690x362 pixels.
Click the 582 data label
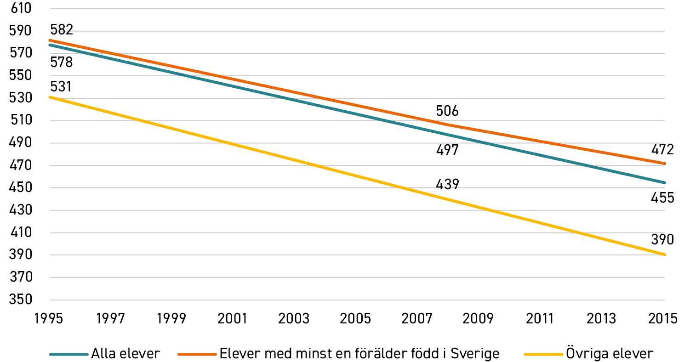tap(62, 29)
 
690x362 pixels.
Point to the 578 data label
tap(62, 62)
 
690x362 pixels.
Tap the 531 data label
tap(61, 86)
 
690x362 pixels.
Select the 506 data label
tap(447, 111)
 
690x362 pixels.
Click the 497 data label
tap(447, 150)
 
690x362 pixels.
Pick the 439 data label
tap(447, 184)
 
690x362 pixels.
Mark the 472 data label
tap(662, 150)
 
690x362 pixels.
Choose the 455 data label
tap(662, 198)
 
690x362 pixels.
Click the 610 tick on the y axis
tap(21, 8)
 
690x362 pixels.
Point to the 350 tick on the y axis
tap(21, 299)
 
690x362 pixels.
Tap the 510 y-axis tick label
tap(21, 120)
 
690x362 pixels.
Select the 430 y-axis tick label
tap(21, 210)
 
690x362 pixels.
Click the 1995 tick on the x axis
tap(48, 319)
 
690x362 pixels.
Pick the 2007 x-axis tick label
tap(417, 319)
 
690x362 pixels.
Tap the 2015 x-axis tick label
tap(662, 319)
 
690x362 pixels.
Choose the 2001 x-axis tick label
tap(232, 319)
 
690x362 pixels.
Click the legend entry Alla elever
tap(105, 354)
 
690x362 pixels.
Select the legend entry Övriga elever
tap(589, 354)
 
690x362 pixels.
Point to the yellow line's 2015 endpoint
tap(664, 255)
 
